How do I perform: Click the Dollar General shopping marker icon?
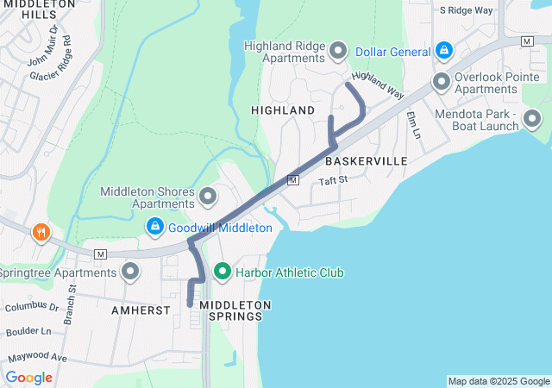(443, 52)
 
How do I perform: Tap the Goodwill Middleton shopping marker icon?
(155, 228)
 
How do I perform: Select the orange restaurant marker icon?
(41, 232)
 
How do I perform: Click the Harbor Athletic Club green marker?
(222, 272)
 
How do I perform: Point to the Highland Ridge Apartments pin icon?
(337, 52)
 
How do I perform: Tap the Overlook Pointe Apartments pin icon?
(442, 83)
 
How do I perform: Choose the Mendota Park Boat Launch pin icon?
(532, 119)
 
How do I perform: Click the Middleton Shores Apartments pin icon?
(208, 197)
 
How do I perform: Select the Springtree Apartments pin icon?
(131, 273)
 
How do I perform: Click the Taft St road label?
(332, 180)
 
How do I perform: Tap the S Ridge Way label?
(466, 10)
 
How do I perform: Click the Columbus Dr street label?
(31, 306)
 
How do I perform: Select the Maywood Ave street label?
(37, 357)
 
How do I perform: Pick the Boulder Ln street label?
(28, 331)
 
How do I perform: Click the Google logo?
(29, 378)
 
